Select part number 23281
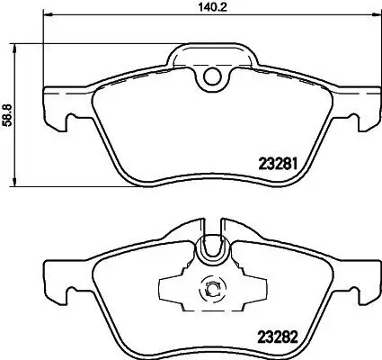click(278, 164)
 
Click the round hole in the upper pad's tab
click(213, 79)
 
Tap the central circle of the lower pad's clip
click(213, 290)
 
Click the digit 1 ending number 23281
click(295, 164)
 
